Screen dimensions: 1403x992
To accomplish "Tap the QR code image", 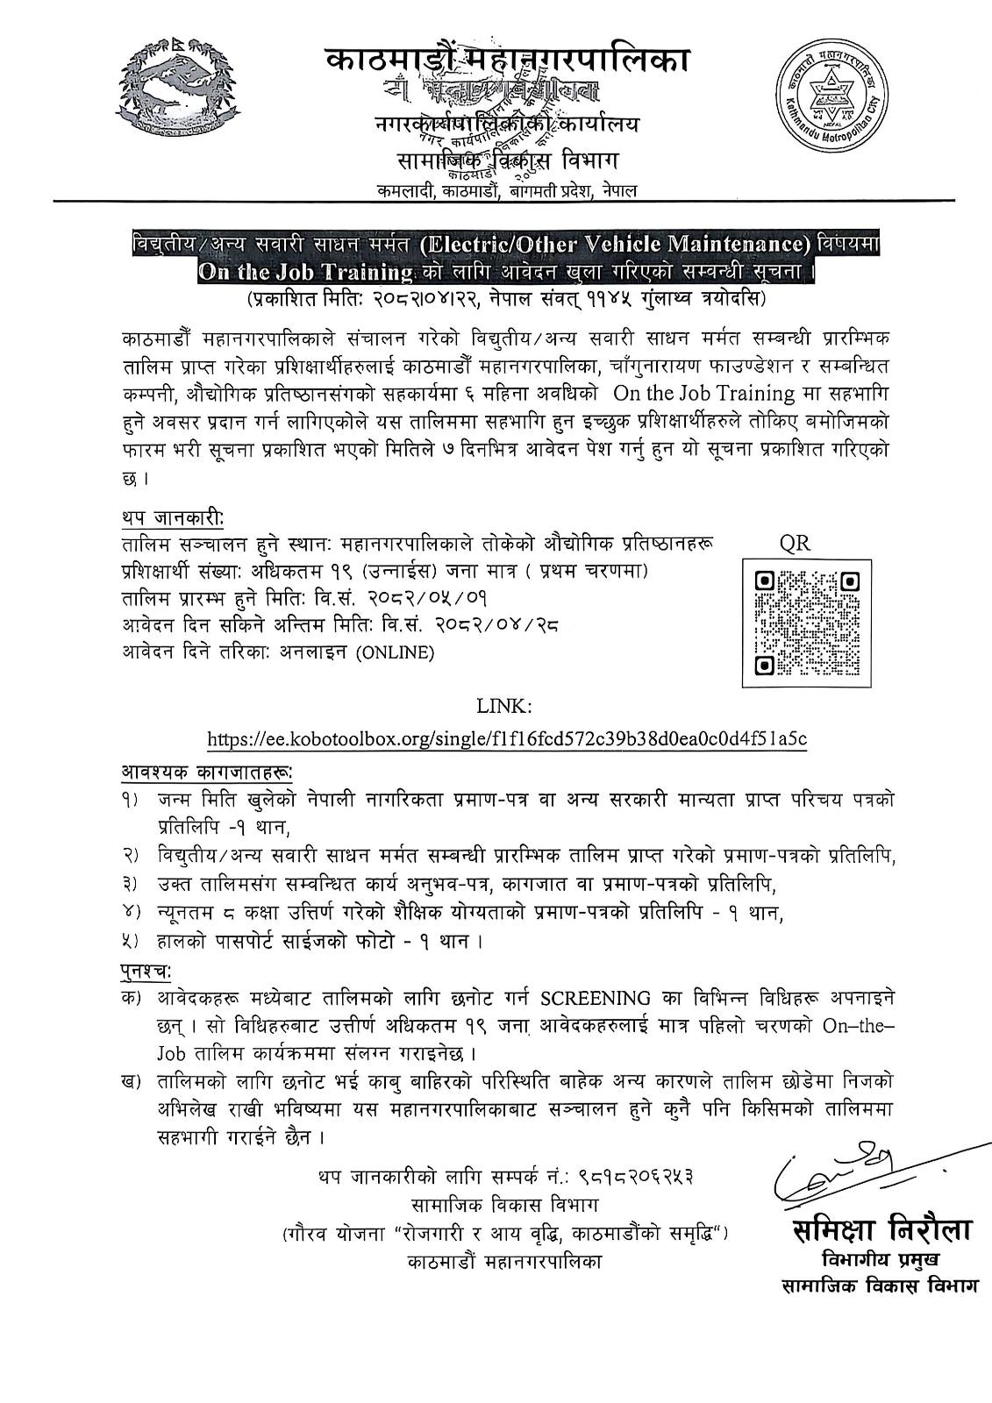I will [807, 623].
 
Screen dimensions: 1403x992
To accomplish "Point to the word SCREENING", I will [596, 999].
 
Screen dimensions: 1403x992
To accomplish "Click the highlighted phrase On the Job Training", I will [306, 273].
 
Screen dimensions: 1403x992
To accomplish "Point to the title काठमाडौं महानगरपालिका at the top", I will [507, 60].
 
